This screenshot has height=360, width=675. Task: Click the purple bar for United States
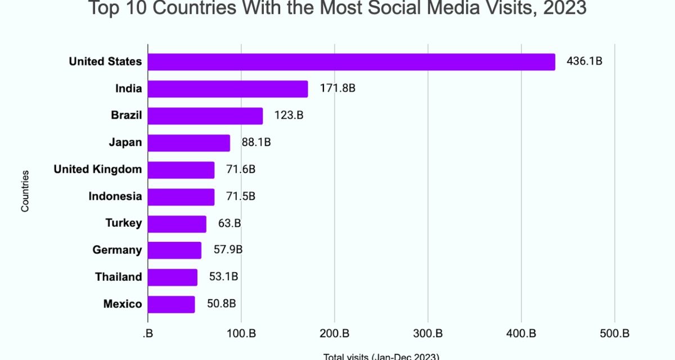[x=351, y=62]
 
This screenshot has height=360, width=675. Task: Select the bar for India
[x=228, y=89]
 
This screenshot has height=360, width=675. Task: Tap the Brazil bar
[x=205, y=116]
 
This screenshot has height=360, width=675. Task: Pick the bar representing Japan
[x=189, y=143]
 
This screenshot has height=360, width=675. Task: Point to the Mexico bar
[x=172, y=304]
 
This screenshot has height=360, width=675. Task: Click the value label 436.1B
[x=585, y=61]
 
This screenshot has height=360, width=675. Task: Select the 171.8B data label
[x=337, y=88]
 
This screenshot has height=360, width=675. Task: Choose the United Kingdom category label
[x=98, y=169]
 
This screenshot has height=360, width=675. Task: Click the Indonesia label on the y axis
[x=115, y=196]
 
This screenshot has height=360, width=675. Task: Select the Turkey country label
[x=124, y=223]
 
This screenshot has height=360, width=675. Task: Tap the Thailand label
[x=118, y=277]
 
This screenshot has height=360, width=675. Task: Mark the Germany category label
[x=117, y=250]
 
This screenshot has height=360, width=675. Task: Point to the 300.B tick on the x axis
[x=428, y=333]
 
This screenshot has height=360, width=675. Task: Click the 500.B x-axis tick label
[x=615, y=333]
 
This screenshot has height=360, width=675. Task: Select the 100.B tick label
[x=241, y=333]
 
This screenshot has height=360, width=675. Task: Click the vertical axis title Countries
[x=25, y=191]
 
